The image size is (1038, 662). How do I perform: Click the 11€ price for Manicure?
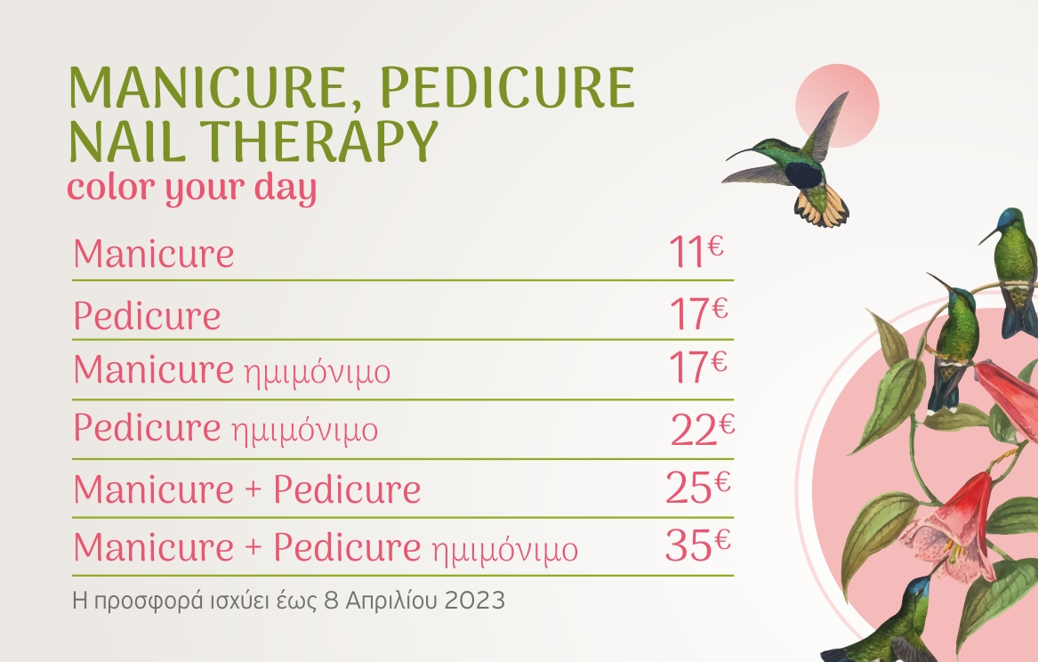(x=696, y=252)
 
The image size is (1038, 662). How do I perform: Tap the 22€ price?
(x=703, y=429)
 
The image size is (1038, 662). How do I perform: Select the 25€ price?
(x=697, y=487)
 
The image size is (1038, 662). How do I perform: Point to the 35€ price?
(x=697, y=545)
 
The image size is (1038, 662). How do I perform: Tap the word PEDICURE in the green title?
(x=508, y=86)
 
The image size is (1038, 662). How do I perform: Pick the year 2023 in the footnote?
(x=475, y=601)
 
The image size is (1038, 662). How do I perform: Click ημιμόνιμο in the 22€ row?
(x=304, y=431)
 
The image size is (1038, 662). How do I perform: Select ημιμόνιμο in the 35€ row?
(x=505, y=550)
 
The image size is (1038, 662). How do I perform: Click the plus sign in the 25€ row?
(x=253, y=490)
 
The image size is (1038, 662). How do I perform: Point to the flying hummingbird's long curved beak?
(x=746, y=153)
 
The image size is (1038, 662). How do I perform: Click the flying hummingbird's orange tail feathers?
(x=822, y=206)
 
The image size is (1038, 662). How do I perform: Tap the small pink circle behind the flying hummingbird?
(x=837, y=106)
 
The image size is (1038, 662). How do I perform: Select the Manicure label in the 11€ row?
(x=154, y=254)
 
